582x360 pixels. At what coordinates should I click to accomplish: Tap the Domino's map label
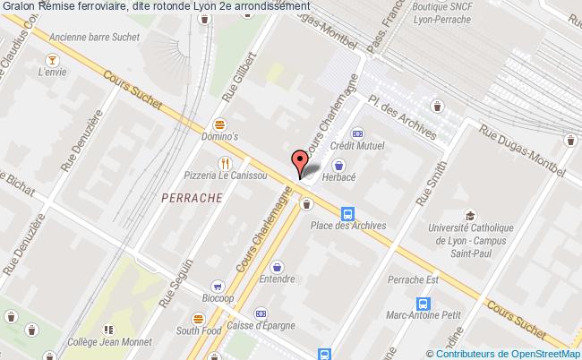coord(219,137)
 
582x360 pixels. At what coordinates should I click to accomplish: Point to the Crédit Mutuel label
coord(356,145)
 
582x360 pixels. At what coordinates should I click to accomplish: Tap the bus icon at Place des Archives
coord(347,213)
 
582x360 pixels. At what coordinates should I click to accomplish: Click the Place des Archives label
coord(347,226)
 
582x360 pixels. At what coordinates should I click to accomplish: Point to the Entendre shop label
coord(277,279)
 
